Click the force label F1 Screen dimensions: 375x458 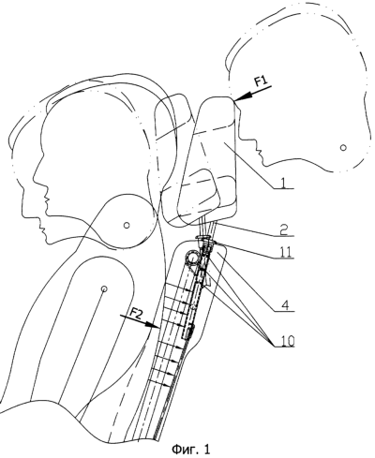tap(262, 81)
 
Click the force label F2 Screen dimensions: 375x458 tap(135, 313)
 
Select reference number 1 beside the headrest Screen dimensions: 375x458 tap(282, 184)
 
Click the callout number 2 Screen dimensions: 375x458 tap(283, 230)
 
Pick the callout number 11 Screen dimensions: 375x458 tap(286, 252)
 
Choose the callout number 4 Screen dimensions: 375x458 tap(283, 305)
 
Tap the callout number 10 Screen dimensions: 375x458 tap(287, 341)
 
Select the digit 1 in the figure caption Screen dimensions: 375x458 tap(206, 449)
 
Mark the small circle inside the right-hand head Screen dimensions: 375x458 tap(343, 147)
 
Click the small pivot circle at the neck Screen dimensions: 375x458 tap(127, 225)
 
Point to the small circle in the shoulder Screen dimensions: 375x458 tap(104, 288)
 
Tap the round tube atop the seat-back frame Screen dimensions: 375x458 tap(193, 259)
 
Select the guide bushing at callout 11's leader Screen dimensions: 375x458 tap(205, 241)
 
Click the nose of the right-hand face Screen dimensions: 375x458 tap(258, 151)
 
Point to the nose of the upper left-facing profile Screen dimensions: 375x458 tap(47, 198)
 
